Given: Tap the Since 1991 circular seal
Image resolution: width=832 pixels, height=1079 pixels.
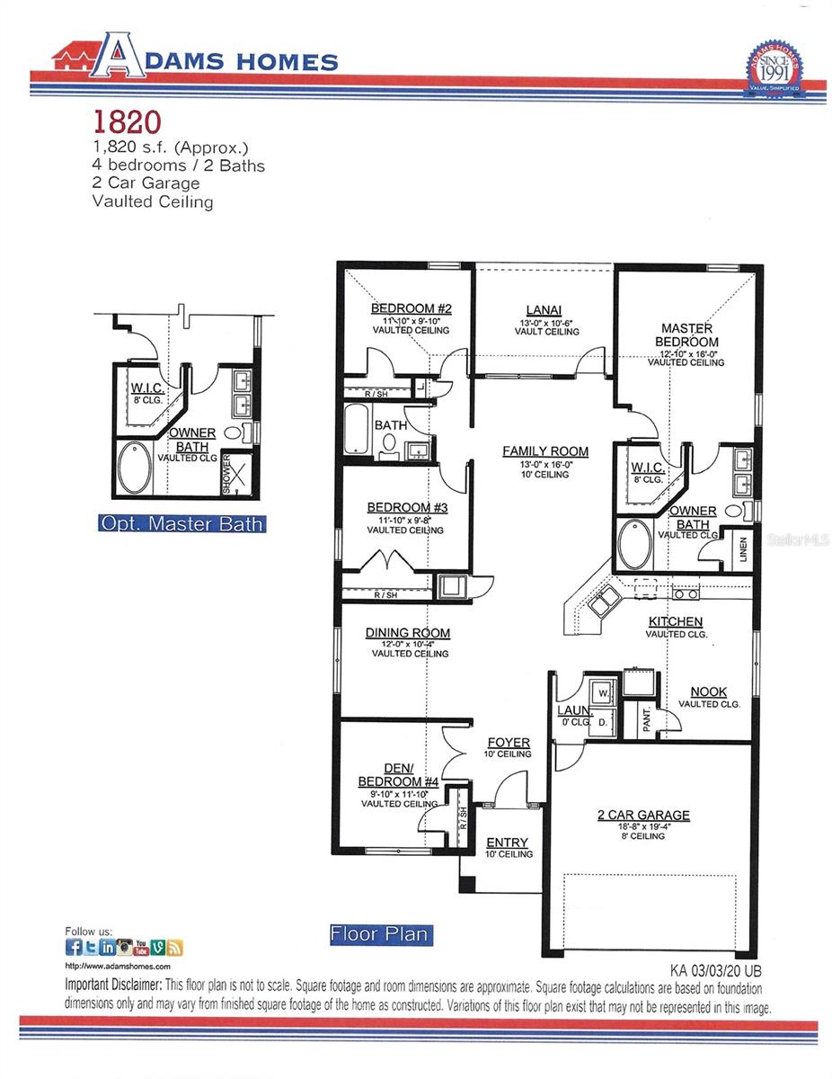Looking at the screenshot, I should [x=774, y=68].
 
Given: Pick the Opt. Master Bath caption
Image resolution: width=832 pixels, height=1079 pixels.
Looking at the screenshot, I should [x=181, y=523].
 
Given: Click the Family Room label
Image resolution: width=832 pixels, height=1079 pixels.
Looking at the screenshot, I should [x=545, y=451].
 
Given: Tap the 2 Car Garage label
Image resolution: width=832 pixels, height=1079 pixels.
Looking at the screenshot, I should [x=644, y=816].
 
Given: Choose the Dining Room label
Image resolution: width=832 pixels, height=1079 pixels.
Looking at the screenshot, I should [x=408, y=633].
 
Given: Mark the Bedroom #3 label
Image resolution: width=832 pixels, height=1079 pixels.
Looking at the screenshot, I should [x=408, y=507].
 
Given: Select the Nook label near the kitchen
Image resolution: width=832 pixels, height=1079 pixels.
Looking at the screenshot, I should [x=709, y=691].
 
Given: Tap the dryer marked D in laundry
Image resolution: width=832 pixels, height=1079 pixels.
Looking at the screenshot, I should [x=604, y=721].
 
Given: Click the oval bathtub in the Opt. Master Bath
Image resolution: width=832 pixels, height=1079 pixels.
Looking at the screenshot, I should [x=136, y=468].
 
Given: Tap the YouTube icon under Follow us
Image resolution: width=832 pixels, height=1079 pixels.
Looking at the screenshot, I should [x=141, y=947].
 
